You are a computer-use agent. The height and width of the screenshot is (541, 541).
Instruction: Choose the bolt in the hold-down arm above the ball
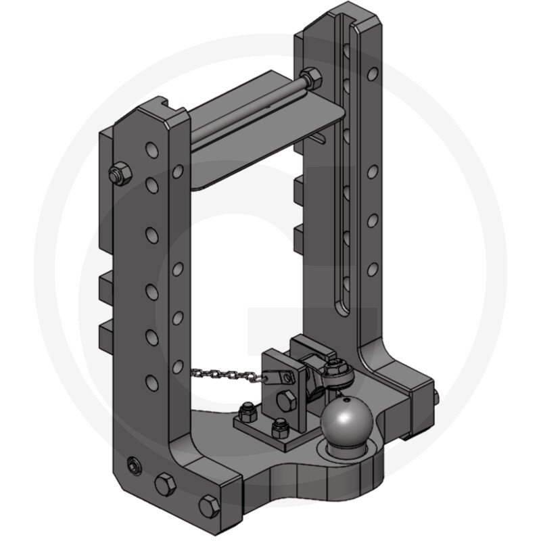[335, 369]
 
